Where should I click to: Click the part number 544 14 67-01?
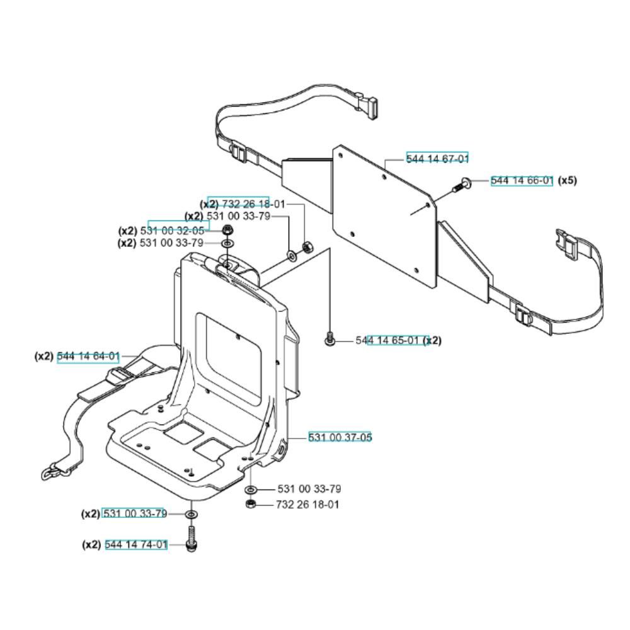(x=437, y=159)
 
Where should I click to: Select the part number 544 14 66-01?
(x=522, y=181)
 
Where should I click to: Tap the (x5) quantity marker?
(x=568, y=180)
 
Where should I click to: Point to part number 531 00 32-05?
(x=172, y=231)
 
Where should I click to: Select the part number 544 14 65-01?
(x=387, y=340)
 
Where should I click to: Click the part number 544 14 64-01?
(x=88, y=357)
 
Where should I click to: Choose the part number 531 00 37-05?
(x=340, y=437)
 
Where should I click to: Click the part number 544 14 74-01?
(x=136, y=544)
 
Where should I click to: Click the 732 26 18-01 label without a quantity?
(x=307, y=504)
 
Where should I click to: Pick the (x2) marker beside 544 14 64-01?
(x=44, y=357)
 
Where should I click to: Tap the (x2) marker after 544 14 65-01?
(x=432, y=340)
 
